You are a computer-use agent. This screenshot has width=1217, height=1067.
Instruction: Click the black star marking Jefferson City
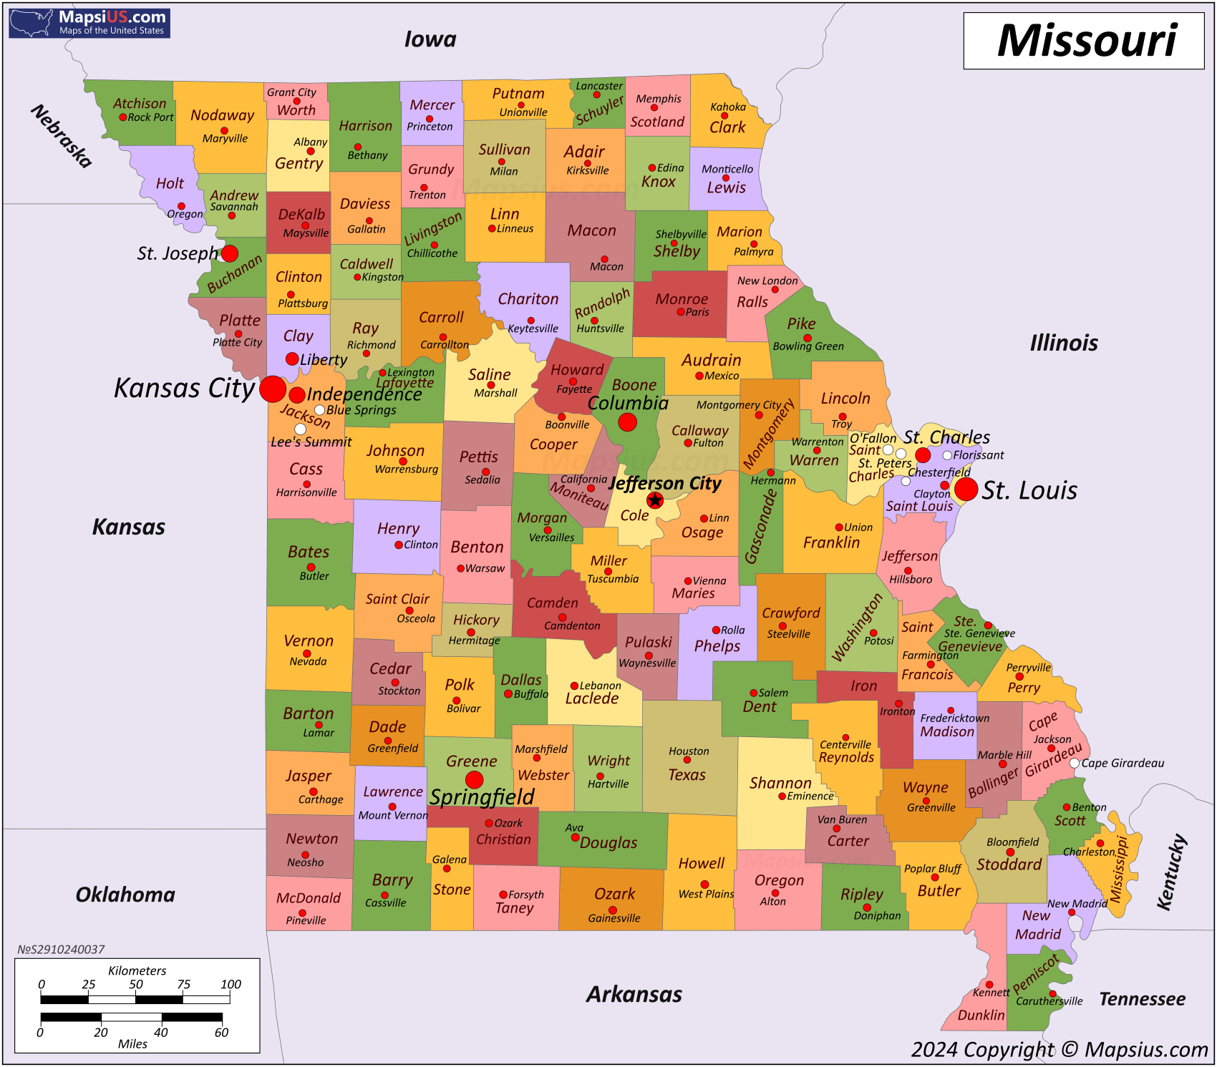point(654,500)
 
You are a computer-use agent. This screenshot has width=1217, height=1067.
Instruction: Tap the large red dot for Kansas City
point(273,389)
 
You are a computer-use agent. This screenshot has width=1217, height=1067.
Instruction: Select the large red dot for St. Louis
point(966,489)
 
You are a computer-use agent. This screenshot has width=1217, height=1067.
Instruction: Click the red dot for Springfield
point(474,780)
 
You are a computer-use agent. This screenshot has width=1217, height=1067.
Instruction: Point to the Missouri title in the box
point(1086,41)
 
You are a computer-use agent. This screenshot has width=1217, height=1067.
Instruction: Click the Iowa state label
point(430,39)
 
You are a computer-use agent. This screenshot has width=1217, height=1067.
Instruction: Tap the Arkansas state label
point(634,994)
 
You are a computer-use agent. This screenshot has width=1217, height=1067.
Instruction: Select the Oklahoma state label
point(125,895)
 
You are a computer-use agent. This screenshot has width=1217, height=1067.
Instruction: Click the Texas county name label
point(687,774)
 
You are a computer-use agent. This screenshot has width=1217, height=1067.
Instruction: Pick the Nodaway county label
point(222,115)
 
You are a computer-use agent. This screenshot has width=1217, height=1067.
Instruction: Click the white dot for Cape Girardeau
point(1075,764)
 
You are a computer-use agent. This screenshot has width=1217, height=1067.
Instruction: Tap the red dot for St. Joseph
point(230,253)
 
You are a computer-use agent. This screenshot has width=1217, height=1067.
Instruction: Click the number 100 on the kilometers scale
point(231,984)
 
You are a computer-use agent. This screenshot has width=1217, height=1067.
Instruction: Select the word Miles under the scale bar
point(132,1043)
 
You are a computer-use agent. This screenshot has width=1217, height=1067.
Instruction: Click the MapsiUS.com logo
point(89,22)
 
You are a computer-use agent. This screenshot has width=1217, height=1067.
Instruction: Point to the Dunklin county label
point(981,1015)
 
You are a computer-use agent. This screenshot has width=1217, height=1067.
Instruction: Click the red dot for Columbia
point(627,422)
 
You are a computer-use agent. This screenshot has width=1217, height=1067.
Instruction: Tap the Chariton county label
point(528,299)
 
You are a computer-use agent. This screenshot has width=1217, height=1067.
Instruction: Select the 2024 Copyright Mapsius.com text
point(1060,1049)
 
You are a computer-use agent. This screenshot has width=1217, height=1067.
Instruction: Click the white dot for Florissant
point(947,455)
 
